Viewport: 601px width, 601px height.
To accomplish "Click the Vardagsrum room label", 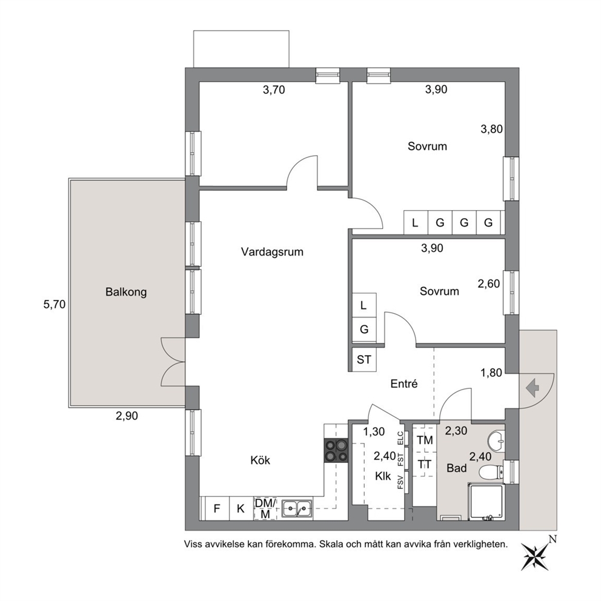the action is click(272, 252).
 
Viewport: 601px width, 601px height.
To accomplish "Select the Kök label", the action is click(261, 460).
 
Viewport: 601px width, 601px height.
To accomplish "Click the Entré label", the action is click(404, 384).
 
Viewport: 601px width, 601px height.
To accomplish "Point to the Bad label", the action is click(456, 468).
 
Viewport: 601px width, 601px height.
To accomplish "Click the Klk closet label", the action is click(383, 476).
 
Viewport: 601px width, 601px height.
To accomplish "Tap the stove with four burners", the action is click(336, 450).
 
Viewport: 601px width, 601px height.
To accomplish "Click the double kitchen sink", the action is click(297, 509).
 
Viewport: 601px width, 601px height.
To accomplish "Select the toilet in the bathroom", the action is click(491, 471).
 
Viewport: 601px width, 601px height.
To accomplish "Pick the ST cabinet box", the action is click(364, 359).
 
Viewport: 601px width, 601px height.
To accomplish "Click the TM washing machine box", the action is click(425, 440).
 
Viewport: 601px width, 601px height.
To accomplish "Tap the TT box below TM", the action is click(425, 465).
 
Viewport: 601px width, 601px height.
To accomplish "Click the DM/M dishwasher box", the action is click(265, 509).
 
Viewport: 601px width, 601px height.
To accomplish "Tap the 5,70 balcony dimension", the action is click(55, 305).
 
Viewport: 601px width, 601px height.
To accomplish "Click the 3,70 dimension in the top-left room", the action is click(274, 90).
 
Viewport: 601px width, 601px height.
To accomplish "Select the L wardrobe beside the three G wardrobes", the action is click(416, 222).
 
